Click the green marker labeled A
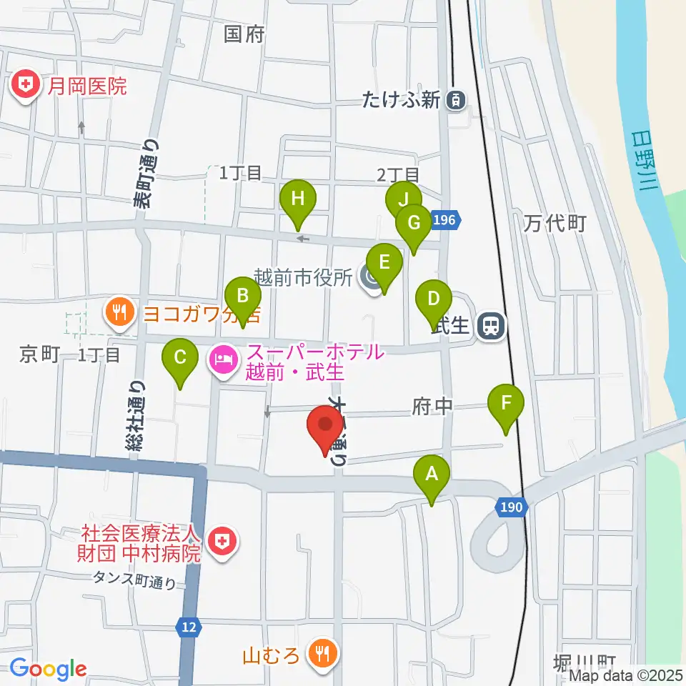tap(431, 474)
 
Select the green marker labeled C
tap(180, 356)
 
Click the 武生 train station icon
tap(491, 326)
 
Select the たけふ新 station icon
tap(454, 101)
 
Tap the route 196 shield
tap(444, 221)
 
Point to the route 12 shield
tap(187, 627)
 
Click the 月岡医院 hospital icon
tap(26, 86)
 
